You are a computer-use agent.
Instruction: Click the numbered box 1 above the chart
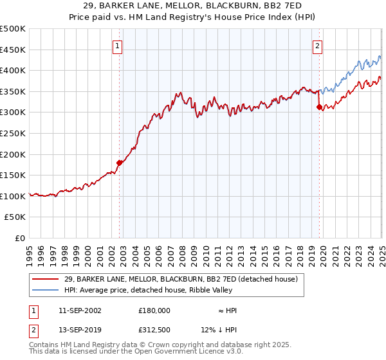(x=119, y=46)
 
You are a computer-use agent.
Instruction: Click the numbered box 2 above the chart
(x=318, y=46)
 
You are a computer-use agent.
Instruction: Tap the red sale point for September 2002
(x=119, y=163)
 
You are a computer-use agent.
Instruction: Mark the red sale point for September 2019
(x=319, y=107)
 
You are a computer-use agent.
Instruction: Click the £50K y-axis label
(x=15, y=217)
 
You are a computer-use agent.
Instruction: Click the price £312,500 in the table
(x=154, y=331)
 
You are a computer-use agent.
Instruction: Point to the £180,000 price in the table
(x=154, y=310)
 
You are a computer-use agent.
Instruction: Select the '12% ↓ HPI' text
(x=219, y=331)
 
